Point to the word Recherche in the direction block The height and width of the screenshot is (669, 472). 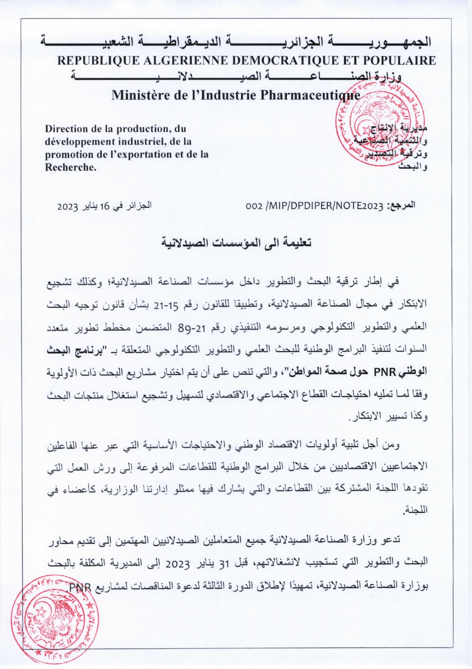(70, 167)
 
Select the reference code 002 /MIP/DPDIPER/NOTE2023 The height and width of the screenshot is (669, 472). (314, 206)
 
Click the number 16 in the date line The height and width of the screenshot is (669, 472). (105, 206)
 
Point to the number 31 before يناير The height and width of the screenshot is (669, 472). (222, 562)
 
